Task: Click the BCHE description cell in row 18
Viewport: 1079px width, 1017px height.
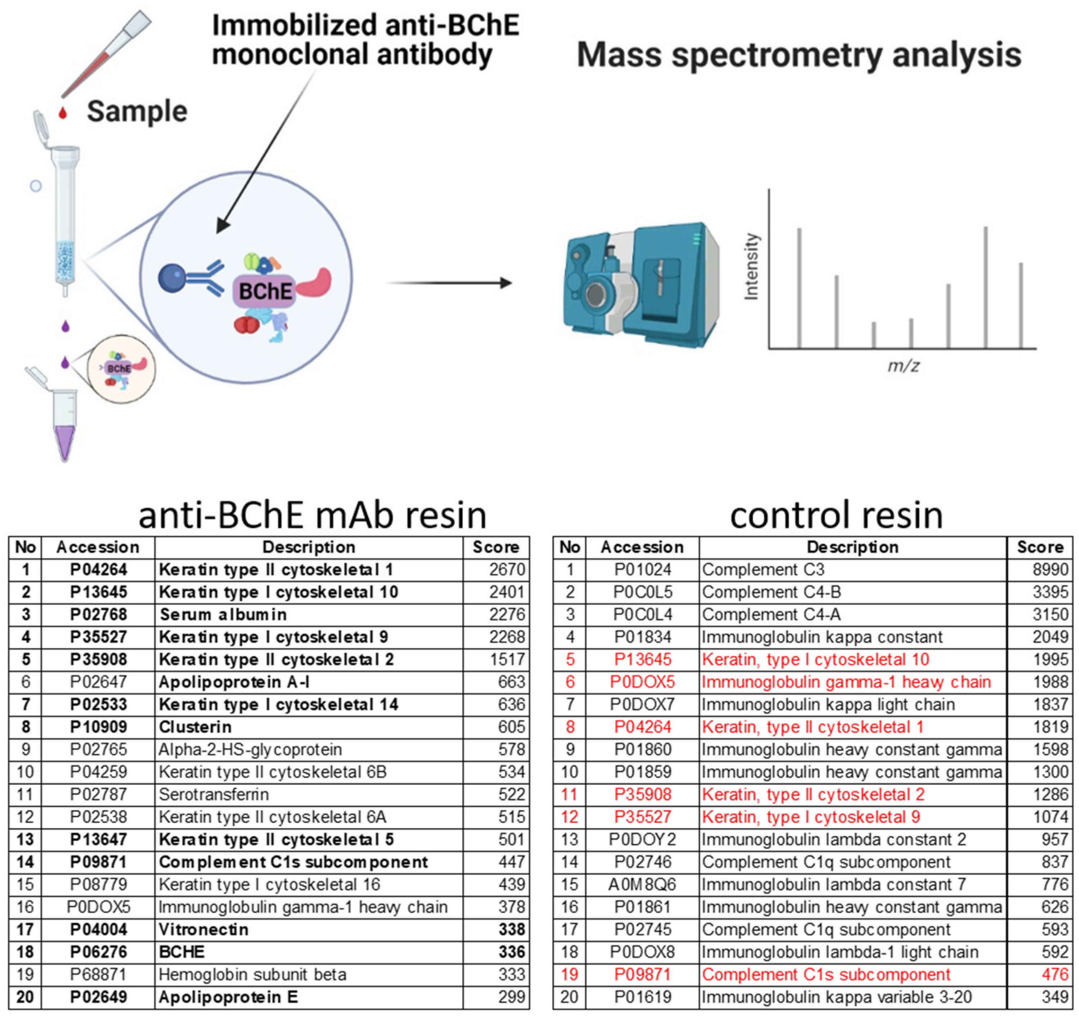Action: tap(182, 952)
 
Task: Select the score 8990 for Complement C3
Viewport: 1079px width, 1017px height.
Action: tap(1050, 570)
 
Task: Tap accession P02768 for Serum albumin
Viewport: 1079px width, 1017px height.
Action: tap(98, 615)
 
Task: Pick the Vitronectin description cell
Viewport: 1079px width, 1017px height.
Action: tap(203, 930)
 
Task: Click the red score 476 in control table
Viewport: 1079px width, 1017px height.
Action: tap(1055, 975)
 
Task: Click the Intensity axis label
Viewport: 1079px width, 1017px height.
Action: tap(752, 266)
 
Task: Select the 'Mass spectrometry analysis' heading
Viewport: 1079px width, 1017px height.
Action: tap(799, 55)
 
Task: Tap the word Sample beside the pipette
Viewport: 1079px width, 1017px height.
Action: tap(137, 112)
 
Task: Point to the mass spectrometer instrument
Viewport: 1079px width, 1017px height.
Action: tap(640, 285)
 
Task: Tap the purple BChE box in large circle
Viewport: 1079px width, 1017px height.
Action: tap(264, 291)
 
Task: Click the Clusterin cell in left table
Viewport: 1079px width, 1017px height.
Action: tap(195, 727)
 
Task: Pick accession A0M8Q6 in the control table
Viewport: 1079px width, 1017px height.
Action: tap(642, 885)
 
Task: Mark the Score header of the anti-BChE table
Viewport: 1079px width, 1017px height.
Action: tap(495, 547)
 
